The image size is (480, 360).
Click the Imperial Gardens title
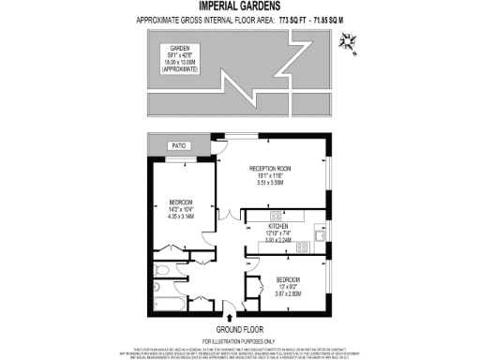tap(239, 7)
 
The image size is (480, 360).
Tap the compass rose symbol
tap(350, 38)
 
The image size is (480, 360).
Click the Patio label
tap(177, 145)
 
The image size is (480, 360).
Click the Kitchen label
tap(278, 227)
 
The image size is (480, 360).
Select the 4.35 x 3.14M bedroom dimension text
tap(181, 215)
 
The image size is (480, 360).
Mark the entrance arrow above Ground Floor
tap(231, 306)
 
